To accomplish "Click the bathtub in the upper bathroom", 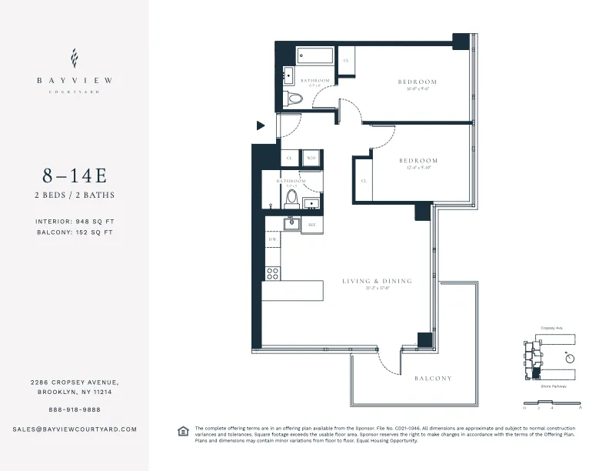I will [x=315, y=56].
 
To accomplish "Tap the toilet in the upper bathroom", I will [x=293, y=99].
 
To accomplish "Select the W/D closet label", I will [x=311, y=158].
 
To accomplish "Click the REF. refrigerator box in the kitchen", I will [x=312, y=225].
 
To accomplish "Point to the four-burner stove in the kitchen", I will [x=272, y=272].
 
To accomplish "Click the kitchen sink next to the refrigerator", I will [x=291, y=224].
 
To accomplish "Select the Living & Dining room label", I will [x=377, y=282].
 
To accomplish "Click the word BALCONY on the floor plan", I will [x=433, y=379].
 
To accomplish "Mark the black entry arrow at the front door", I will [x=261, y=125].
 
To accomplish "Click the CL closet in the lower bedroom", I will [x=362, y=181].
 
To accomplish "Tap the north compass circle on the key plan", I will [x=569, y=358].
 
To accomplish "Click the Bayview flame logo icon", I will [x=74, y=58].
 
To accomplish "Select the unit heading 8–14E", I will [x=74, y=176].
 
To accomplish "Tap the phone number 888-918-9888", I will [x=74, y=409].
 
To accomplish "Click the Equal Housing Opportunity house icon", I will [x=183, y=430].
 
